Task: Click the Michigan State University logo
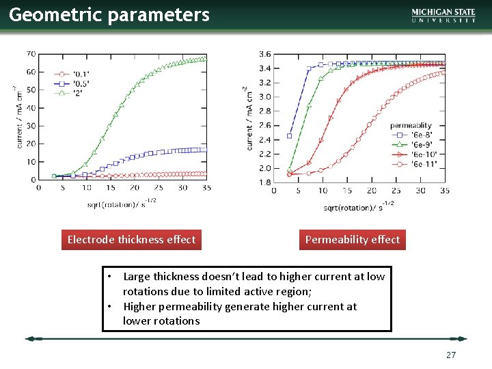coord(443,16)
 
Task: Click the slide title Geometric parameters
coord(109,15)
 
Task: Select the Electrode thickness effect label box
coord(131,240)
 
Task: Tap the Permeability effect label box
coord(353,240)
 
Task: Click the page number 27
coord(450,355)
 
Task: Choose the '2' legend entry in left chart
coord(71,93)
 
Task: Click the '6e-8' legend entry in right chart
coord(420,135)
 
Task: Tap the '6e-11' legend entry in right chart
coord(421,164)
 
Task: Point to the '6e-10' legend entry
coord(421,154)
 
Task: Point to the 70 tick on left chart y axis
coord(31,54)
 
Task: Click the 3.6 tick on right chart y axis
coord(264,54)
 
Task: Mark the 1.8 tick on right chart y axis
coord(264,182)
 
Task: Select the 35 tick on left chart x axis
coord(206,188)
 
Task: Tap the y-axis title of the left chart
coord(16,116)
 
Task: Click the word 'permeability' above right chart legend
coord(411,125)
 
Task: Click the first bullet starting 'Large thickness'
coord(254,284)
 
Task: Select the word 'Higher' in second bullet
coord(139,307)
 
